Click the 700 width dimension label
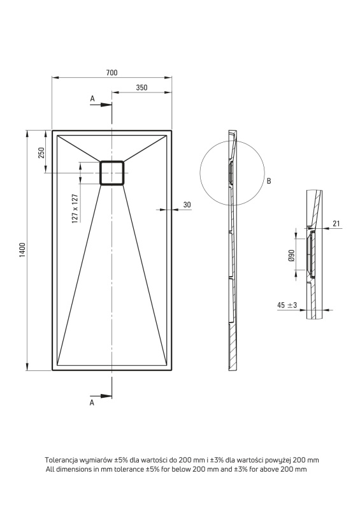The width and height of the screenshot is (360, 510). (112, 73)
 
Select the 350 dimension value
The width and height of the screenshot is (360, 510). (142, 87)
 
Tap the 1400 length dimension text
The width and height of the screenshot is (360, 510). (22, 250)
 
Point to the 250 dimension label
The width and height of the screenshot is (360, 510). (41, 152)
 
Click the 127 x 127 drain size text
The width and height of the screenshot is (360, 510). (75, 208)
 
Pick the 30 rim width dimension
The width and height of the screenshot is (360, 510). (187, 205)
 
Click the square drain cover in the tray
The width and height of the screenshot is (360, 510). (112, 173)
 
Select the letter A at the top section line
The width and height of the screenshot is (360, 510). (92, 99)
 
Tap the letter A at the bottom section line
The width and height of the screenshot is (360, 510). (92, 403)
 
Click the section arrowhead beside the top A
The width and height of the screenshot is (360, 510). (106, 105)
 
